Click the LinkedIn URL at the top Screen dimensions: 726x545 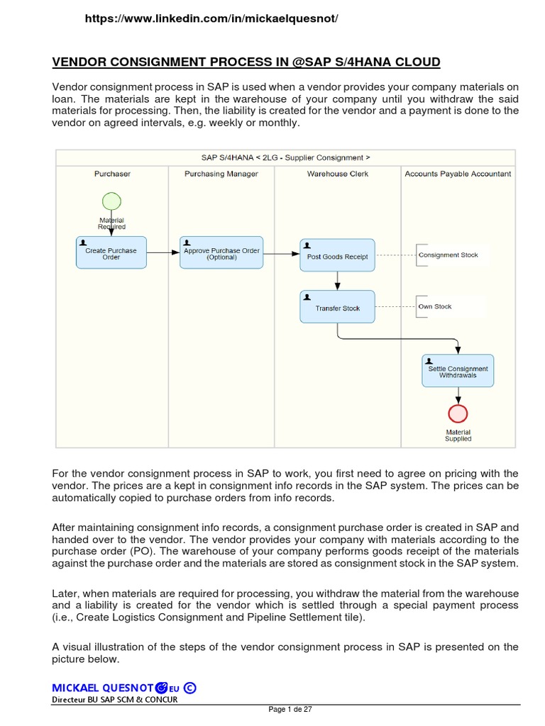pyautogui.click(x=211, y=19)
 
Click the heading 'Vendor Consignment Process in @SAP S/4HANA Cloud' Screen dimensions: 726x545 pyautogui.click(x=246, y=62)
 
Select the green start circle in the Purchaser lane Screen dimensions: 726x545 pyautogui.click(x=111, y=201)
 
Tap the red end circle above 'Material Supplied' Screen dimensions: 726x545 pyautogui.click(x=458, y=413)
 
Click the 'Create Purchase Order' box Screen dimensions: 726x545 pyautogui.click(x=111, y=253)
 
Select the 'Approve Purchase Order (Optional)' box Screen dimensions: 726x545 pyautogui.click(x=221, y=253)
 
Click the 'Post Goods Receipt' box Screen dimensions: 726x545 pyautogui.click(x=337, y=256)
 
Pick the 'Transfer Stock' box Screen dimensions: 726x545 pyautogui.click(x=337, y=308)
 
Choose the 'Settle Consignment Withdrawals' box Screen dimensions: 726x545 pyautogui.click(x=458, y=371)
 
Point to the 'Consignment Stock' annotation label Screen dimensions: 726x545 pyautogui.click(x=448, y=255)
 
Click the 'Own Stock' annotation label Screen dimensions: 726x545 pyautogui.click(x=434, y=307)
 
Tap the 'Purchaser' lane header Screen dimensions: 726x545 pyautogui.click(x=112, y=174)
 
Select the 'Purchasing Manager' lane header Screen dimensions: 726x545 pyautogui.click(x=221, y=174)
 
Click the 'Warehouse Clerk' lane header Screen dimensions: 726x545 pyautogui.click(x=337, y=174)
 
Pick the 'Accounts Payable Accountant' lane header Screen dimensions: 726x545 pyautogui.click(x=458, y=174)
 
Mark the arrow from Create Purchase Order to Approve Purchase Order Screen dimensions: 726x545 pyautogui.click(x=163, y=252)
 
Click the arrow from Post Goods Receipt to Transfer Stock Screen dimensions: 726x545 pyautogui.click(x=337, y=281)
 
